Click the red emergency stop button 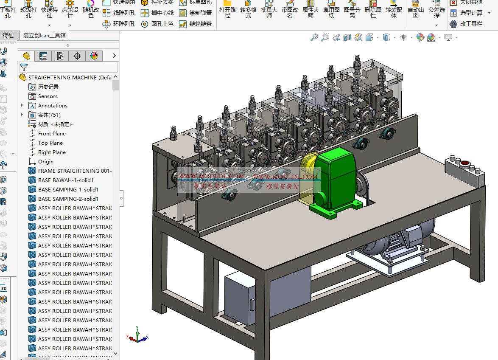tap(465, 163)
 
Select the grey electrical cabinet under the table tap(240, 297)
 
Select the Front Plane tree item tap(52, 133)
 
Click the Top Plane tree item tap(50, 143)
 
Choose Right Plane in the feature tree tap(52, 152)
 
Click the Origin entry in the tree tap(45, 161)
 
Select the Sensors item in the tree tap(48, 96)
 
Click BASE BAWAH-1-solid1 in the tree tap(66, 180)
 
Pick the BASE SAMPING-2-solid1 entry tap(68, 199)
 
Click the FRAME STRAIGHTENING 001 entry tap(75, 171)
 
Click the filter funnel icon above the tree tap(24, 67)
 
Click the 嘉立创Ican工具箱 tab tap(44, 35)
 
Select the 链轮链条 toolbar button tap(195, 24)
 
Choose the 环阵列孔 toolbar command tap(119, 24)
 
